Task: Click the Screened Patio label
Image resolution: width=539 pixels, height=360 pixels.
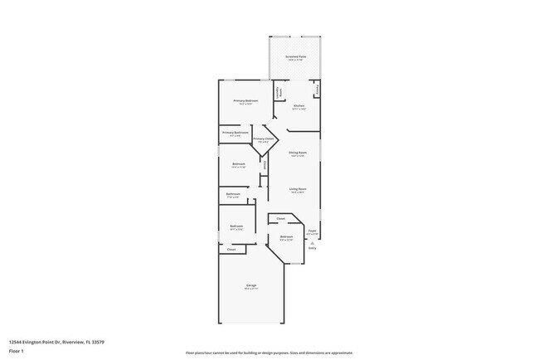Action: [296, 57]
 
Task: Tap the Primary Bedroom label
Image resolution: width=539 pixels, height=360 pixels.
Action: [245, 101]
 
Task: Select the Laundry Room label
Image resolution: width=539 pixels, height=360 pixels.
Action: [279, 92]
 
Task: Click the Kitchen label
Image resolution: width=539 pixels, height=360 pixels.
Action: [300, 106]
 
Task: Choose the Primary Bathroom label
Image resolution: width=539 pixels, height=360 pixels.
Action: [236, 133]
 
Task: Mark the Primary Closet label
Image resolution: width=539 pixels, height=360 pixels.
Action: [264, 139]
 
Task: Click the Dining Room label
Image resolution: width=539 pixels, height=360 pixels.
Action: [298, 153]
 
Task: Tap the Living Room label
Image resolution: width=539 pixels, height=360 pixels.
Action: [298, 189]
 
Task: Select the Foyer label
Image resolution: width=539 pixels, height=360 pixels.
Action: [312, 231]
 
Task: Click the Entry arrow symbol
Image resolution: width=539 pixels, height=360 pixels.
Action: [312, 242]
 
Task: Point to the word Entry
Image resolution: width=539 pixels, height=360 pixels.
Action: [312, 248]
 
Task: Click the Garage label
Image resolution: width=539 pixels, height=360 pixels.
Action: [250, 286]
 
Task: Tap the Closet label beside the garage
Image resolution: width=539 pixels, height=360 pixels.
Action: [231, 249]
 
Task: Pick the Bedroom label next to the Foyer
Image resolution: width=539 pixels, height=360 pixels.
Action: [286, 237]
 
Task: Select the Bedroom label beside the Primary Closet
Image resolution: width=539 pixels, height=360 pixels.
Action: [239, 164]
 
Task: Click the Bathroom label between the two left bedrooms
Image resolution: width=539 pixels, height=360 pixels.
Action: [233, 194]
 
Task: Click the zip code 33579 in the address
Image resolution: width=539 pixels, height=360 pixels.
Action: [98, 341]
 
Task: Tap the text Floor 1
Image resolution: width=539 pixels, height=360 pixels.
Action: [16, 350]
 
